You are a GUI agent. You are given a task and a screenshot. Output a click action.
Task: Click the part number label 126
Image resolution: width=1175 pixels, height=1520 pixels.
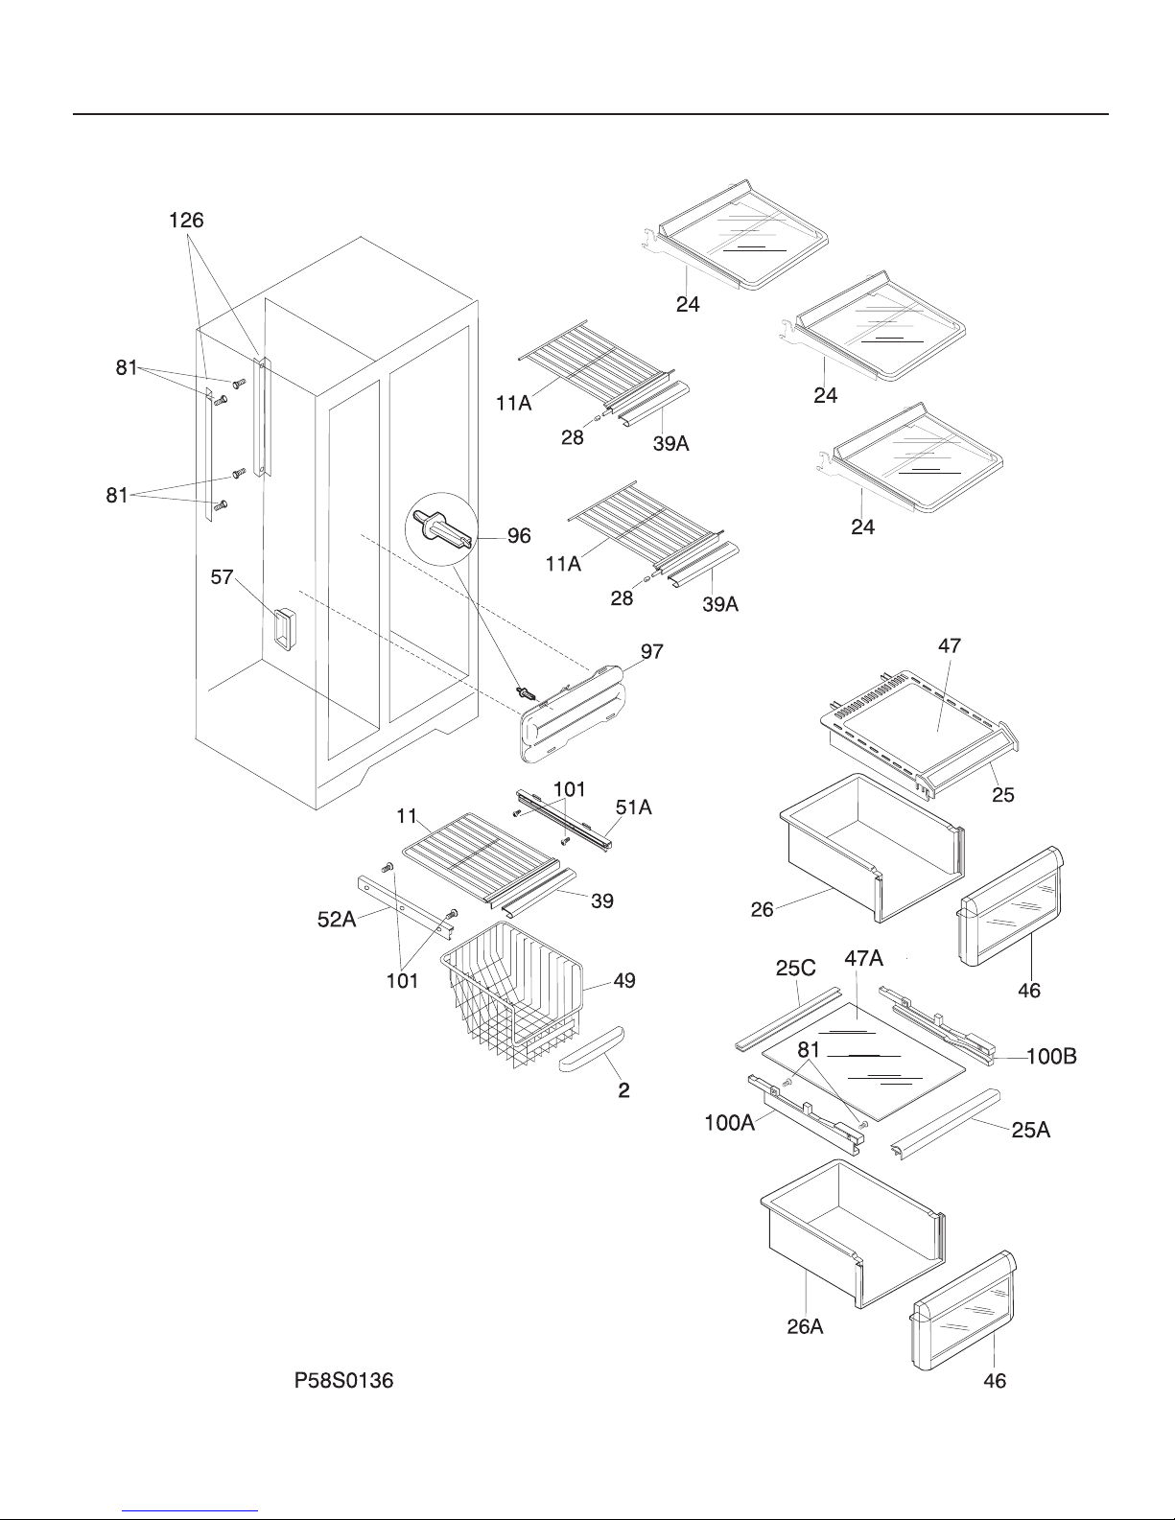point(186,221)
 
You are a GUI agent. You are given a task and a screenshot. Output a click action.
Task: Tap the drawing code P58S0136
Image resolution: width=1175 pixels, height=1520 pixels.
point(343,1380)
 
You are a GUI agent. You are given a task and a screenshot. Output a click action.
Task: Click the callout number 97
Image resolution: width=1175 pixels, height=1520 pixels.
point(652,651)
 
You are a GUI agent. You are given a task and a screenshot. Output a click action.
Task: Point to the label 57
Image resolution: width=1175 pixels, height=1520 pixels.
point(222,577)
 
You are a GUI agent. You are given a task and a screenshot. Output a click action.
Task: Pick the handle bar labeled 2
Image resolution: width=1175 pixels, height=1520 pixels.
point(592,1049)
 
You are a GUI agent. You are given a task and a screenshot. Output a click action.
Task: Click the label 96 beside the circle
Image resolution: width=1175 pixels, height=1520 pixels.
point(519,536)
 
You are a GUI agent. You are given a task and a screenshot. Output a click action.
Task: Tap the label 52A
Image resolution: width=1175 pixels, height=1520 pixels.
point(337,919)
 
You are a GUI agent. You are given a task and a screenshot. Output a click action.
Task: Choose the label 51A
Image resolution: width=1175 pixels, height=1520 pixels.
point(634,807)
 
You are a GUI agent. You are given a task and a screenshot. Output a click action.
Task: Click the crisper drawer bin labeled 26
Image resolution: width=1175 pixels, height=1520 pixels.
point(872,848)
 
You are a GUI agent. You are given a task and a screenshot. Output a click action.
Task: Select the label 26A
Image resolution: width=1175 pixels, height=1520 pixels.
point(805,1326)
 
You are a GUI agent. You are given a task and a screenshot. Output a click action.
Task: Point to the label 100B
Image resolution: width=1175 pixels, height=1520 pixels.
point(1051,1056)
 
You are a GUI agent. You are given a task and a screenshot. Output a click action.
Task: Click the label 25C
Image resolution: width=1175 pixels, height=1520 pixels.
point(795,968)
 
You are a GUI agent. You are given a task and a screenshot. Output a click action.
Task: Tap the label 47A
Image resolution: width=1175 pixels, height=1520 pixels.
point(864,958)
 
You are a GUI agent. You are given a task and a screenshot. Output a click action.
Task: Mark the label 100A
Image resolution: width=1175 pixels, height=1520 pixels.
point(730,1123)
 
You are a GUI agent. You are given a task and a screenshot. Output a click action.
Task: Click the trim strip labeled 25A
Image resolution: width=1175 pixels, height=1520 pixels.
point(945,1124)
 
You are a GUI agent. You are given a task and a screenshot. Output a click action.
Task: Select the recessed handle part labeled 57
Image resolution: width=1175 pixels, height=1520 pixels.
point(284,629)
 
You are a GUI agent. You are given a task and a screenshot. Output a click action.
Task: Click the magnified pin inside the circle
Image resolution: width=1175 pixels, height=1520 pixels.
point(441,528)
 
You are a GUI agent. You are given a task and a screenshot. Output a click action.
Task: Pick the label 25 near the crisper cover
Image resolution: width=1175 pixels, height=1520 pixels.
point(1003,795)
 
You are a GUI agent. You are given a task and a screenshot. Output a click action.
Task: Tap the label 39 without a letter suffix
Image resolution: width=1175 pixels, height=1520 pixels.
point(602,900)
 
